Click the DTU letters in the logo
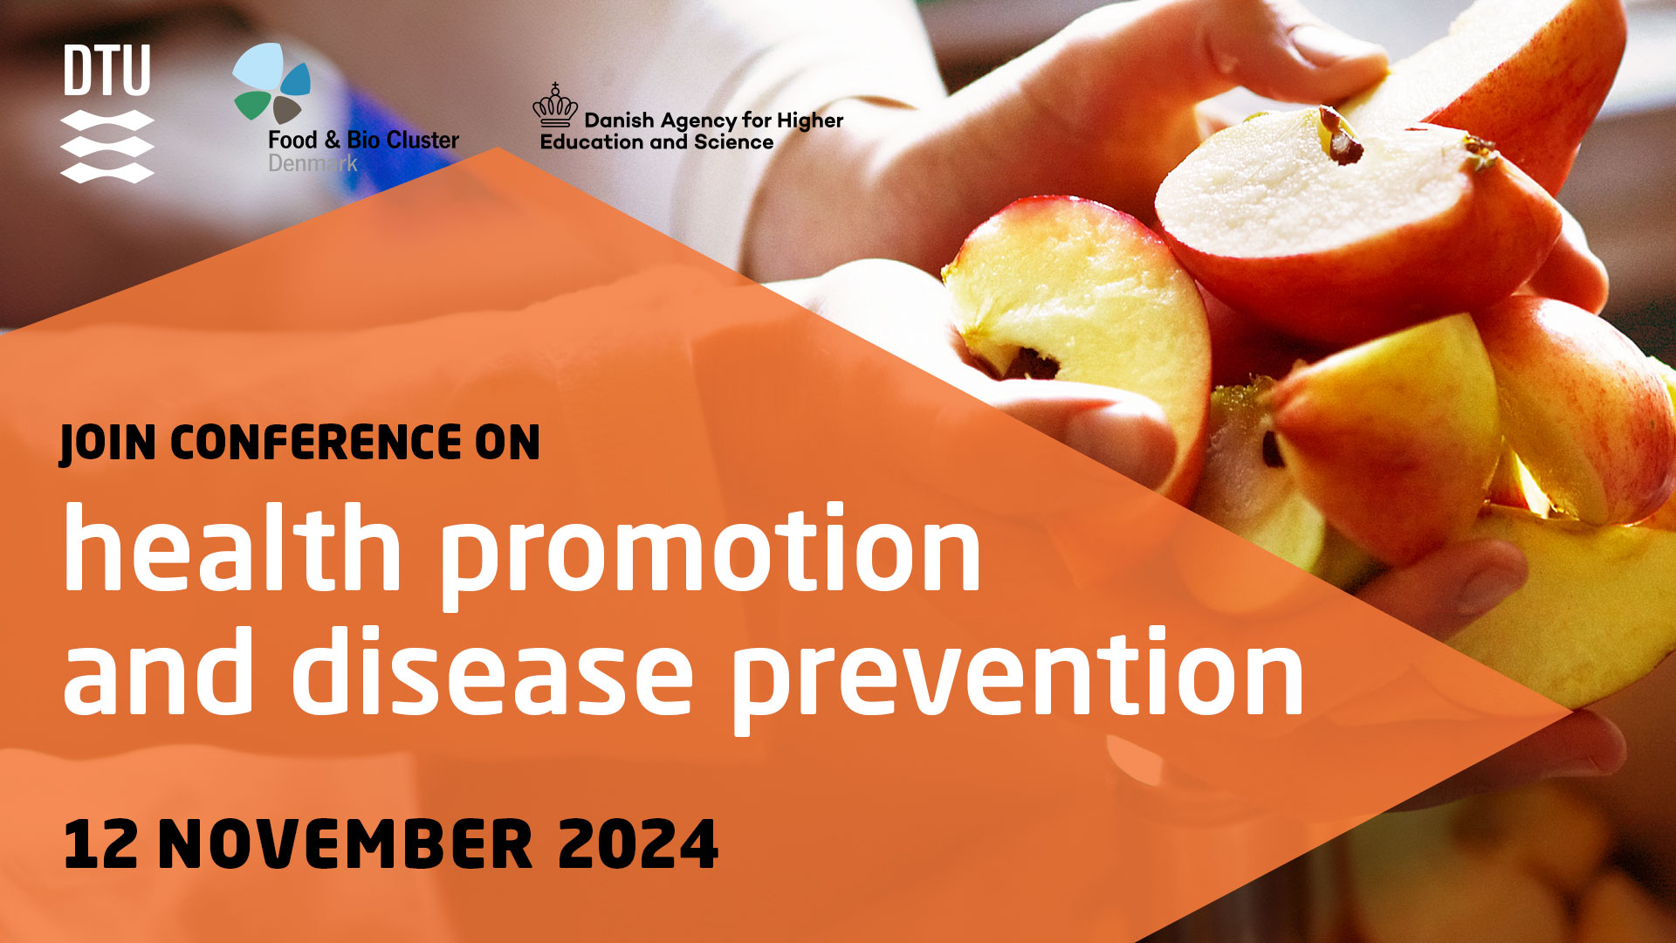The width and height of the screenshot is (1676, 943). [x=106, y=71]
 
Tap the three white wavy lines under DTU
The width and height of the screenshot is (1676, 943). [x=107, y=147]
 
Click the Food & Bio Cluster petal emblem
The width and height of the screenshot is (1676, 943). [x=271, y=84]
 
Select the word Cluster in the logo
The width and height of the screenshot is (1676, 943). [x=422, y=140]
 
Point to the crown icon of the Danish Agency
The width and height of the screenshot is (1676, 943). [x=555, y=106]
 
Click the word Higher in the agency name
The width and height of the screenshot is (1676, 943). [x=810, y=120]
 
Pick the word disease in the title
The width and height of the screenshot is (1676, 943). [x=492, y=671]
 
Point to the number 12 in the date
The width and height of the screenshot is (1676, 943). [x=100, y=844]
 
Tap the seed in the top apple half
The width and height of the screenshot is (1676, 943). [x=1342, y=137]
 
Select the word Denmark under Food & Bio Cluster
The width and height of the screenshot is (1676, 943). [x=313, y=163]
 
